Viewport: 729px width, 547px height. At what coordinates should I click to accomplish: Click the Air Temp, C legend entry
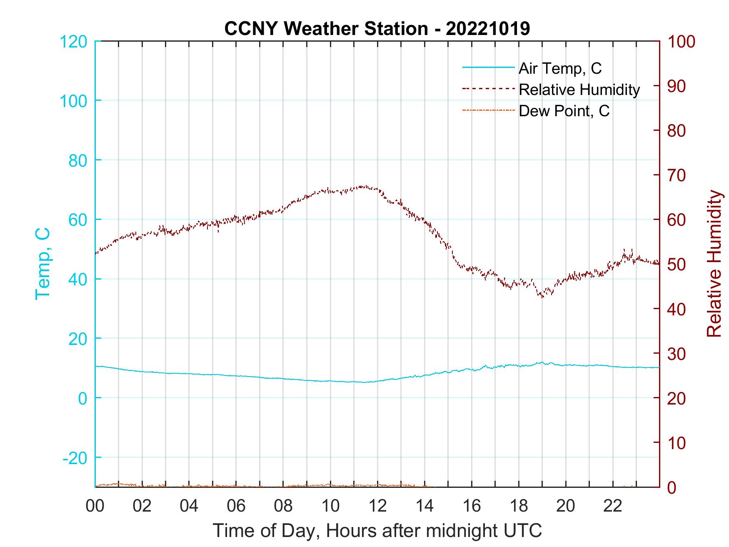[559, 68]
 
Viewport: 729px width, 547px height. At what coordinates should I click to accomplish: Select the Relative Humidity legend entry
[579, 90]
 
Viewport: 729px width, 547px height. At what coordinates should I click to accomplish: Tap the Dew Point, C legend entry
[564, 111]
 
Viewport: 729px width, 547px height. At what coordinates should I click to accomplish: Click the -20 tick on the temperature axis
[75, 458]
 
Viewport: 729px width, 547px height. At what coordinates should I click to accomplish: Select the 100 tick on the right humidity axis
[681, 42]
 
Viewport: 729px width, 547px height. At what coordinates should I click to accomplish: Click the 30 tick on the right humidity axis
[677, 354]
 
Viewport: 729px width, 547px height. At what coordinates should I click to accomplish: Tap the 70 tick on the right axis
[677, 175]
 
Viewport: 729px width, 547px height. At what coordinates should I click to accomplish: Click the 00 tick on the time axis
[95, 507]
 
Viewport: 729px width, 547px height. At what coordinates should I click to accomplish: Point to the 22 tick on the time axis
[613, 507]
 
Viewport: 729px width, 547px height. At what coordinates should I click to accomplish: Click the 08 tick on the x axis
[283, 507]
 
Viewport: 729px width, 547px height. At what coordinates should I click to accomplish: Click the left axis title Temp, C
[42, 264]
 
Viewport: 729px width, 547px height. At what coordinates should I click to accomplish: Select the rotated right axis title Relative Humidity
[714, 264]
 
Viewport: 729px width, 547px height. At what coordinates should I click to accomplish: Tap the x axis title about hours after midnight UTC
[377, 531]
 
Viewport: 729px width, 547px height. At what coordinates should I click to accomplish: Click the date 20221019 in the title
[488, 29]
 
